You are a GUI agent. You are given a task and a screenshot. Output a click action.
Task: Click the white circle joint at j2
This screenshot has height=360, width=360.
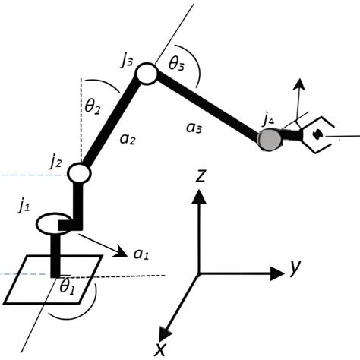pos(79,173)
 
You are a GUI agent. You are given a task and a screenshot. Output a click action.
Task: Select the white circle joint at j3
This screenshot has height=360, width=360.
pos(147,74)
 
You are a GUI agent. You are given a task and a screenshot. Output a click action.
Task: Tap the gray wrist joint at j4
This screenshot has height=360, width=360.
pos(267,138)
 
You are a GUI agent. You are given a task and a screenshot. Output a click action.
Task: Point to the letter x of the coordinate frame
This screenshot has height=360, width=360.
pos(160,349)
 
